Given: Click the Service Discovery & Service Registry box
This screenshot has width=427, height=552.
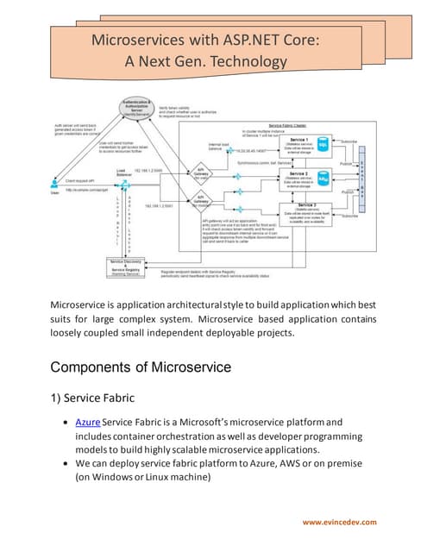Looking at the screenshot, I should click(x=127, y=268).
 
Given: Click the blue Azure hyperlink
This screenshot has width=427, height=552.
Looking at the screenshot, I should click(x=88, y=422).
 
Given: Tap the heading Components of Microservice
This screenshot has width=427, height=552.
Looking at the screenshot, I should click(x=141, y=367).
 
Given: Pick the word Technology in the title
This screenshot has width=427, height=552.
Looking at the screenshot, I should click(x=241, y=61).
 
